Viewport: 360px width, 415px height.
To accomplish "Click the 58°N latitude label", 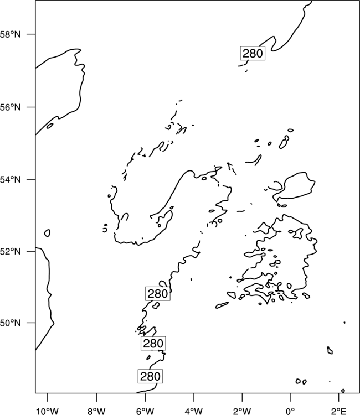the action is [x=10, y=34].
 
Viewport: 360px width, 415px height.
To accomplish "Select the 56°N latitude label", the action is [x=10, y=107].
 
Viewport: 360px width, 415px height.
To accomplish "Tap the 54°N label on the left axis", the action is [x=10, y=179].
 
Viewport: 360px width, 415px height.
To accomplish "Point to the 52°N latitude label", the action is [x=10, y=251].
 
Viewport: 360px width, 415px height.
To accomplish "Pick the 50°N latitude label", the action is [x=10, y=323].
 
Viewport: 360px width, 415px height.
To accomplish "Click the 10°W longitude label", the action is [x=48, y=411].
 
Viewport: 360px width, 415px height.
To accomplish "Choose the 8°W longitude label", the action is [x=96, y=411].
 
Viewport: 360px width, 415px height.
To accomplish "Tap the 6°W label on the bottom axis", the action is [x=145, y=411].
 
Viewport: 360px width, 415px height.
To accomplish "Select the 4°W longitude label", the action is [x=193, y=411].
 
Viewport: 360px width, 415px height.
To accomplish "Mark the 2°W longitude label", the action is [x=242, y=411].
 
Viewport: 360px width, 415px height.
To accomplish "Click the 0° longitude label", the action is [x=290, y=411].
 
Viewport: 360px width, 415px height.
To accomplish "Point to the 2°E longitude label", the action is [x=339, y=411].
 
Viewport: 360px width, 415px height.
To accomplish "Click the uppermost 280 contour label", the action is [x=253, y=54].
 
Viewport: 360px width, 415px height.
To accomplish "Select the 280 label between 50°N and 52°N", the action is [x=158, y=293].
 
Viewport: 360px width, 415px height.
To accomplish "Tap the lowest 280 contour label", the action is [x=150, y=376].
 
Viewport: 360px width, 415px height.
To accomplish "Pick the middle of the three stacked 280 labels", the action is [x=153, y=343].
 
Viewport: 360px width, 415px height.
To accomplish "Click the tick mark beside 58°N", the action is [x=31, y=34].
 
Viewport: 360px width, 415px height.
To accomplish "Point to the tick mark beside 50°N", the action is [x=31, y=323].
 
